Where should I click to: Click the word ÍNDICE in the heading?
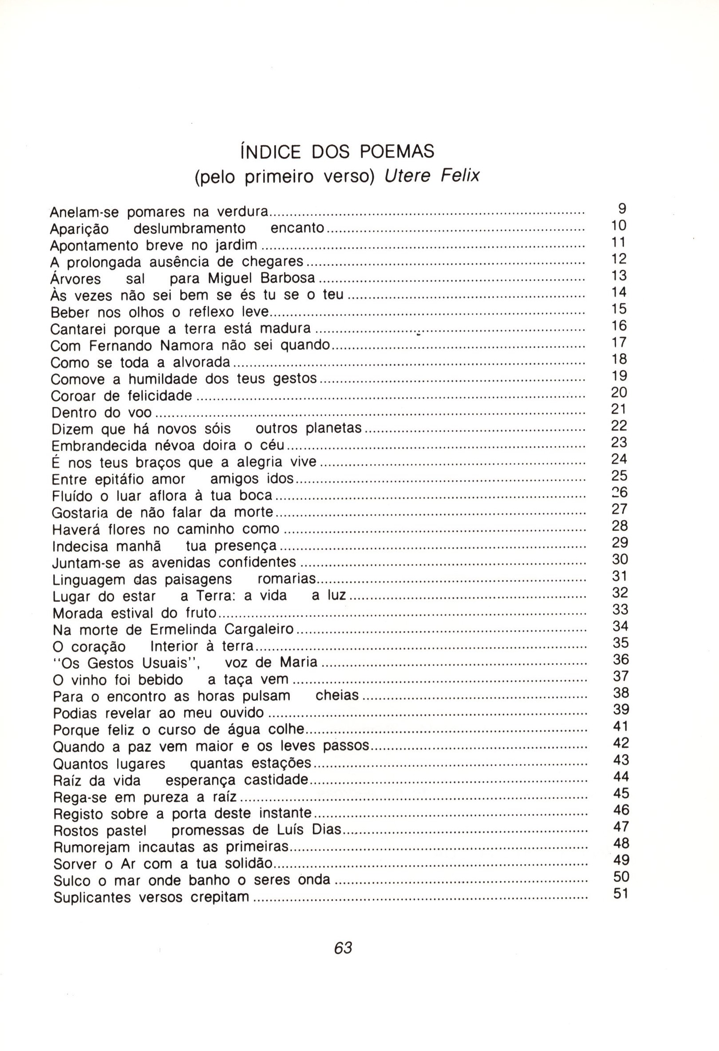(x=271, y=151)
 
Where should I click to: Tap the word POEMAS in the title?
(x=397, y=151)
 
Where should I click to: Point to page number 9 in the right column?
(x=622, y=209)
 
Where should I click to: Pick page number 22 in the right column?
(x=619, y=426)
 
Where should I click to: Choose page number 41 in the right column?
(x=621, y=726)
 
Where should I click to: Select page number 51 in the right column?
(x=621, y=894)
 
